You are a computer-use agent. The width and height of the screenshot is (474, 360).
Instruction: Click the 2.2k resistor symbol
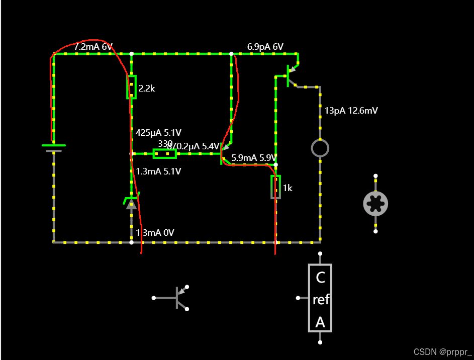point(131,87)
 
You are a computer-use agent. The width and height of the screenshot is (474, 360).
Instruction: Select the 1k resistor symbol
point(275,187)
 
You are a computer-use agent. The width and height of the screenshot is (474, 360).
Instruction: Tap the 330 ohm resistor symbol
point(164,153)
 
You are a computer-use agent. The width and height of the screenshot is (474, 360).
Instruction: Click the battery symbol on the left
point(53,147)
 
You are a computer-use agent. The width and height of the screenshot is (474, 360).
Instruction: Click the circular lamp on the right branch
point(320,148)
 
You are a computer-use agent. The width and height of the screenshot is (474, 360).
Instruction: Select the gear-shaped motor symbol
point(375,203)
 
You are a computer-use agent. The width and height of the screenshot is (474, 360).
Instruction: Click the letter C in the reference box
point(320,277)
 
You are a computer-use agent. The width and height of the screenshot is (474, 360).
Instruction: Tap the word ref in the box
point(321,300)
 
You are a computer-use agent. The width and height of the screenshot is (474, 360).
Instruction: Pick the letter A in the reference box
point(320,322)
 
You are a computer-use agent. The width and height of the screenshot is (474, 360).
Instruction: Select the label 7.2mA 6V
point(93,47)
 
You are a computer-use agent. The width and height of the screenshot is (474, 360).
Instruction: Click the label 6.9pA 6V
point(265,47)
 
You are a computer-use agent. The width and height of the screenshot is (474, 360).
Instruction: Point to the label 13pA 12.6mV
point(351,111)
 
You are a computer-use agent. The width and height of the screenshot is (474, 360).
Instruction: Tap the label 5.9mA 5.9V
point(254,158)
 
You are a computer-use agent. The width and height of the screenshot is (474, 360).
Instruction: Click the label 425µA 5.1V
point(158,133)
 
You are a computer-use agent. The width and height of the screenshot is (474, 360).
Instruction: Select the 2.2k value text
point(147,88)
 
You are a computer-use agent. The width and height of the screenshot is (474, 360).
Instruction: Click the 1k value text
point(288,188)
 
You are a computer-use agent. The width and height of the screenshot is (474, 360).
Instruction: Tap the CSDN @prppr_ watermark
point(442,352)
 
